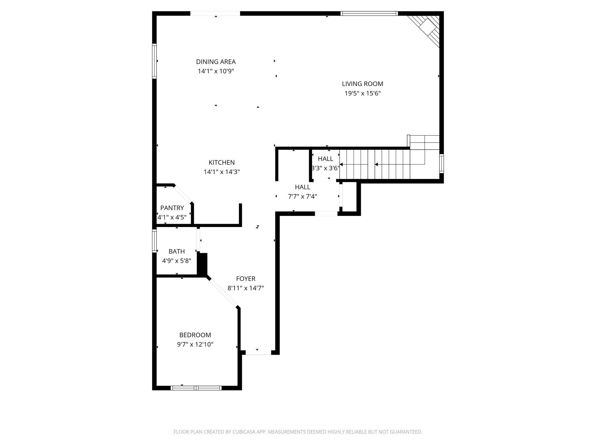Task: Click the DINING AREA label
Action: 216,62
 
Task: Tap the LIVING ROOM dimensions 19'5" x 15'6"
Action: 363,93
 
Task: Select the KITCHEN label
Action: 221,162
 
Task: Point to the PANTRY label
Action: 172,208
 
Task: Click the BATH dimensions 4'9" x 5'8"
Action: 176,261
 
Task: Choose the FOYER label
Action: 246,279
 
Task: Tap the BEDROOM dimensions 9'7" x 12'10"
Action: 195,345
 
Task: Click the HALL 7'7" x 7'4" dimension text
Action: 302,196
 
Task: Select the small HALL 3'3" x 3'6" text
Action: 325,168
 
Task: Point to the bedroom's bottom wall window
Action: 196,388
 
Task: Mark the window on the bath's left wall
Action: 155,241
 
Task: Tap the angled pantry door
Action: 183,194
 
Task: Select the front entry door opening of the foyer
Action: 258,353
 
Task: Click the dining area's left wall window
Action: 155,61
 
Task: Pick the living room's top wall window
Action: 369,13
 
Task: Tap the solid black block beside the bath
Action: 203,264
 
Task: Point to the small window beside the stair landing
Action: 441,164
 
